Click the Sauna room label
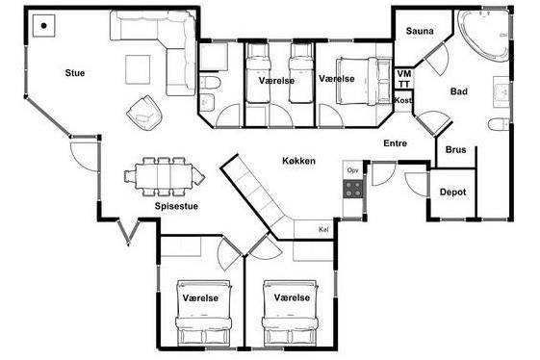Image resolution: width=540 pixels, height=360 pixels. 420,31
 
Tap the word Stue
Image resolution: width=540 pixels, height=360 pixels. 75,73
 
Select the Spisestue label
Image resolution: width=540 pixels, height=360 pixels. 176,206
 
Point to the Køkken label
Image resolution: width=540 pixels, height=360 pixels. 298,161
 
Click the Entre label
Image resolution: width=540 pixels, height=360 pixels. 395,143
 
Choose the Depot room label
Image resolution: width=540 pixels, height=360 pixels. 452,192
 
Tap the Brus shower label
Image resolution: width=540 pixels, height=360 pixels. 455,149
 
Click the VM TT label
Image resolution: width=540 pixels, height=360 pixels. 404,79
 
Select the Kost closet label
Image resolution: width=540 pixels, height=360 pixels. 402,100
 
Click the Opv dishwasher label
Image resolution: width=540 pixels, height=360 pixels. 352,170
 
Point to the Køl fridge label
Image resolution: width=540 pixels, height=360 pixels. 323,229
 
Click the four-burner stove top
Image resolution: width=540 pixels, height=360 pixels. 353,189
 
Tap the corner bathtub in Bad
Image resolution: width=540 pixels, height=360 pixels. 484,36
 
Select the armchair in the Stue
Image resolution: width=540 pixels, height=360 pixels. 144,114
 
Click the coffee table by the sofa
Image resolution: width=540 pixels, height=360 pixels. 138,69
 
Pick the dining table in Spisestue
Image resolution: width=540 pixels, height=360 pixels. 164,176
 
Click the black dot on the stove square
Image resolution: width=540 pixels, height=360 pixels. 43,25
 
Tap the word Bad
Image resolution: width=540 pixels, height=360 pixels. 459,91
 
